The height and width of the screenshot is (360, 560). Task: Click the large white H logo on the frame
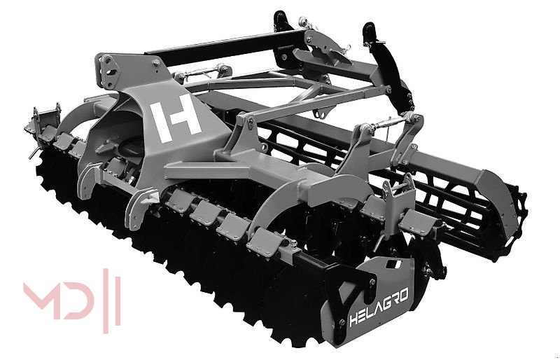[174, 118]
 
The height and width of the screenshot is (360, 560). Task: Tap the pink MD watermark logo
[72, 300]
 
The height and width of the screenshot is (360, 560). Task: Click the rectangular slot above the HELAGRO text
[393, 265]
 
